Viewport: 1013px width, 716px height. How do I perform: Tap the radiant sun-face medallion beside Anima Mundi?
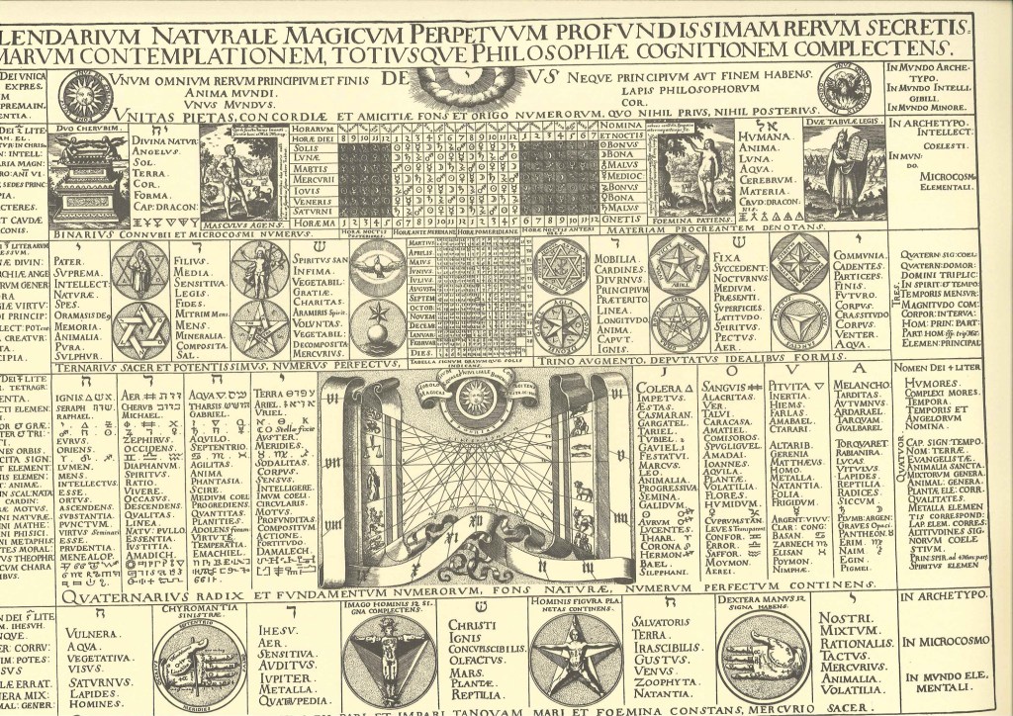click(85, 94)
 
